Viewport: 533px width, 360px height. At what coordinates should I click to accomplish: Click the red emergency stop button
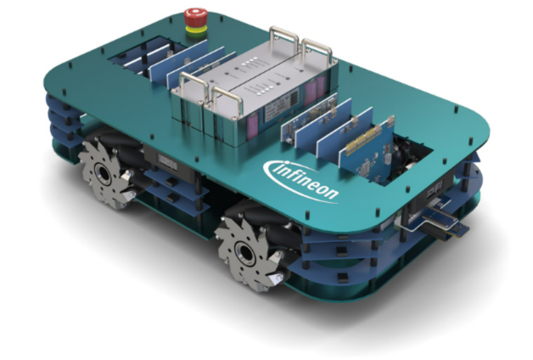click(x=196, y=17)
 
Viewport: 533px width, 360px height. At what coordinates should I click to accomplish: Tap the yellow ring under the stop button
click(x=196, y=30)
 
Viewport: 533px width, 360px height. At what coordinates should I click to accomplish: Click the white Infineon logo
click(x=301, y=181)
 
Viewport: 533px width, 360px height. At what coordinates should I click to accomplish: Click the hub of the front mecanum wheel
click(x=245, y=253)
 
